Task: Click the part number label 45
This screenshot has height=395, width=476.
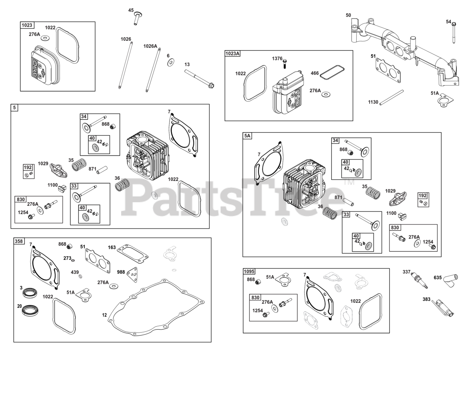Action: click(131, 10)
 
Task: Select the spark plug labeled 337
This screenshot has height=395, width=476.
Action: click(419, 281)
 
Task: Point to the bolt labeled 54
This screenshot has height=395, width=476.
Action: click(454, 33)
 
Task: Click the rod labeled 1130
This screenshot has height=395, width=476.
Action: click(392, 97)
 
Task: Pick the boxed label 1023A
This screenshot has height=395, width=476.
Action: click(232, 54)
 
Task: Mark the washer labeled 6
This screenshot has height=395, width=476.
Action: click(171, 62)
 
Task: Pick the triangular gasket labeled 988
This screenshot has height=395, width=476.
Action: click(132, 275)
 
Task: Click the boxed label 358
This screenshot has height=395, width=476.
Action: click(19, 241)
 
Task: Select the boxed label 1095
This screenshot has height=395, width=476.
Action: click(249, 271)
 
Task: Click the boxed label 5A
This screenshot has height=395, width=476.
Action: click(247, 136)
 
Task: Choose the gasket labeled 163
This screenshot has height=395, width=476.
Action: click(133, 254)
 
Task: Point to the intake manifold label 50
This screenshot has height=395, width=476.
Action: click(348, 15)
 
